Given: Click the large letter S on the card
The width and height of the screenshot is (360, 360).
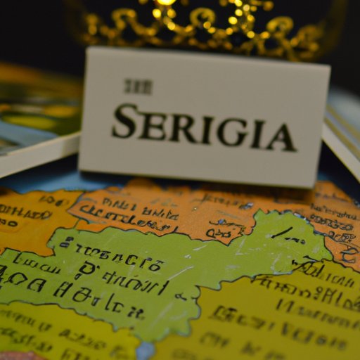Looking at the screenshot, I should (x=124, y=122).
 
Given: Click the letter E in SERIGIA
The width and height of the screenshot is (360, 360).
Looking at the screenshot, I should (x=150, y=125).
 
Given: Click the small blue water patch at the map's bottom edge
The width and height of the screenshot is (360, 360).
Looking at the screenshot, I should (x=145, y=350).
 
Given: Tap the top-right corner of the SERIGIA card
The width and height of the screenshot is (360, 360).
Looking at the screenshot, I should (x=328, y=67).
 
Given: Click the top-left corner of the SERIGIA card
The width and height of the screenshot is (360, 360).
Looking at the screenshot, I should (x=86, y=49).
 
